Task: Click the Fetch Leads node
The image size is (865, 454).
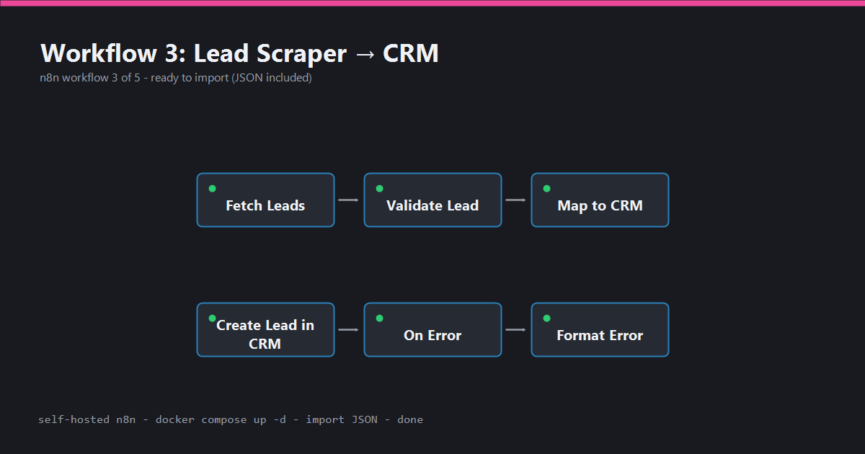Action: [266, 200]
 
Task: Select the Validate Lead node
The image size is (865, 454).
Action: [433, 200]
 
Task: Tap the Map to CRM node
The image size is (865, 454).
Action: [600, 200]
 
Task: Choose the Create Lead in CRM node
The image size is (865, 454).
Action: [266, 330]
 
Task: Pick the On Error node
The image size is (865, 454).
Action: [433, 330]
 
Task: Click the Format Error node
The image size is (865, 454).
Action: [600, 330]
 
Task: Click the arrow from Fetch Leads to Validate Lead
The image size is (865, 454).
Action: [348, 200]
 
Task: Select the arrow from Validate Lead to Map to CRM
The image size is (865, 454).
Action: [515, 200]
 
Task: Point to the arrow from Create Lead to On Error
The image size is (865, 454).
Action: [348, 330]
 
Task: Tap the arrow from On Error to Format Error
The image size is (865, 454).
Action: [515, 330]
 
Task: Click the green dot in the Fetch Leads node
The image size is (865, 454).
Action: [213, 188]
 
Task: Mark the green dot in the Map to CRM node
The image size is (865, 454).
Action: [547, 188]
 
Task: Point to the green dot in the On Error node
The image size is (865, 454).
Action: [380, 318]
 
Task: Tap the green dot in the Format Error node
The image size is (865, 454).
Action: [547, 318]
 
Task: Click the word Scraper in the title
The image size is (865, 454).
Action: [301, 53]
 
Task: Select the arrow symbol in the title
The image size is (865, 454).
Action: [365, 55]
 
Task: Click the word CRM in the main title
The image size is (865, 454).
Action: [410, 53]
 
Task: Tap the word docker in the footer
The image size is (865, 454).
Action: [175, 419]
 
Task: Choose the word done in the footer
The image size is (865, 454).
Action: [410, 419]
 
